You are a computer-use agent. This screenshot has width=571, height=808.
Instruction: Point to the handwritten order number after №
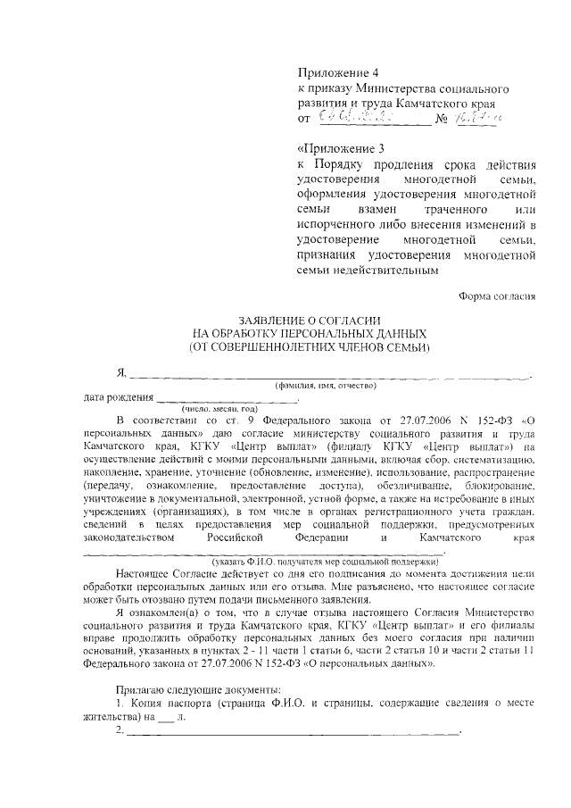[x=476, y=117]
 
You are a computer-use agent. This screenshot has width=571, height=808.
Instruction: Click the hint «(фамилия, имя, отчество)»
[x=325, y=385]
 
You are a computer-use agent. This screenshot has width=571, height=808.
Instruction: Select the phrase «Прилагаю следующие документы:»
[x=198, y=691]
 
